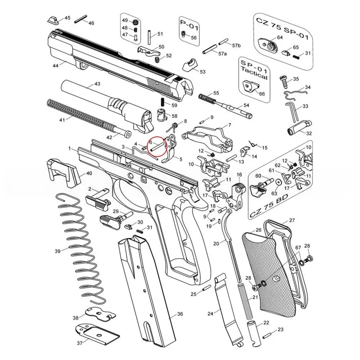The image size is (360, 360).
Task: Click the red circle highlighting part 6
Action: (157, 148)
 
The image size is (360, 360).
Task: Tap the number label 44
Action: (55, 66)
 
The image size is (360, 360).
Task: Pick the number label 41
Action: (62, 120)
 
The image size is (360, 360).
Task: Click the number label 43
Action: (97, 84)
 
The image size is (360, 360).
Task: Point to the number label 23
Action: (280, 330)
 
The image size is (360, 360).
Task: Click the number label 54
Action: (246, 105)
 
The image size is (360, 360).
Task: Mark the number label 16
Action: (239, 175)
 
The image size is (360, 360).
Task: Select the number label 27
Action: (292, 220)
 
